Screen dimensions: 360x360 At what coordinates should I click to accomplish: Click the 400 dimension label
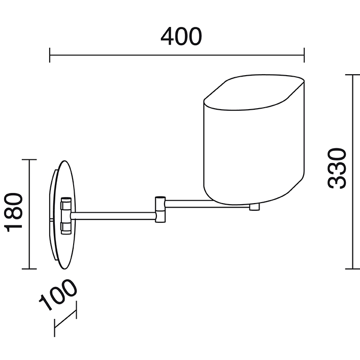tap(181, 36)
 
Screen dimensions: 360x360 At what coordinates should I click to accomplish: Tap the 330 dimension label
tap(337, 169)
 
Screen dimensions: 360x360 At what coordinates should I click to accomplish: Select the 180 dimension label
tap(14, 212)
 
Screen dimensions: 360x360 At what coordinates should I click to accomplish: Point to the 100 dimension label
tap(58, 294)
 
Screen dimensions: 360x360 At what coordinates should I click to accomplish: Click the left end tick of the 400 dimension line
tap(50, 55)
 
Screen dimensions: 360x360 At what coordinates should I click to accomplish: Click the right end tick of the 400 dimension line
tap(304, 55)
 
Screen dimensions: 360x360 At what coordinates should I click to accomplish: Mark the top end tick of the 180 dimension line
tap(29, 159)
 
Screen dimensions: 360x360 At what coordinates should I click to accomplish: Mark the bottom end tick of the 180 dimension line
tap(29, 269)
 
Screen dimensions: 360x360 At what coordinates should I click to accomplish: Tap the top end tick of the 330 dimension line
tap(353, 75)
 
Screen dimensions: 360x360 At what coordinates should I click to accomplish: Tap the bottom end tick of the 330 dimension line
tap(353, 269)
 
